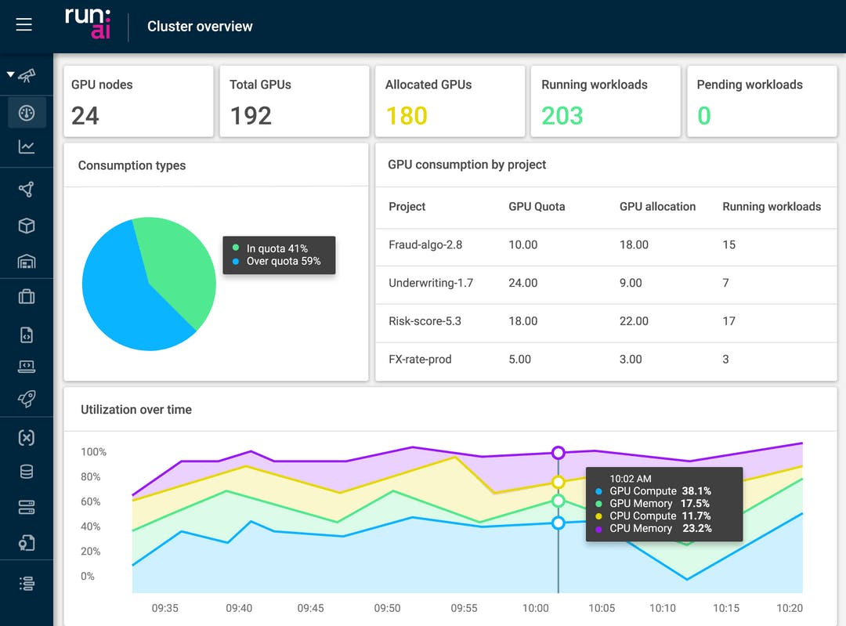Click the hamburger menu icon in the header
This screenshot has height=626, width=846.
(24, 25)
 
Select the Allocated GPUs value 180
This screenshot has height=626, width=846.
(407, 116)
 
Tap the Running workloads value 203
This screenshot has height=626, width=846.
(562, 116)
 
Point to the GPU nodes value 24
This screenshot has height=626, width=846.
(85, 116)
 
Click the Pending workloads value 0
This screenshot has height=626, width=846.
(703, 116)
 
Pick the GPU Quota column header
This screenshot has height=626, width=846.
(537, 207)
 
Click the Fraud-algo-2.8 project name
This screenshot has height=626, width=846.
(425, 244)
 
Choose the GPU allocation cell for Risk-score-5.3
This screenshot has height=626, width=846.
(634, 321)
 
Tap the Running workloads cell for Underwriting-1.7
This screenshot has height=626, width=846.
(725, 283)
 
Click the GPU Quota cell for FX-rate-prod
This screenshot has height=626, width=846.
(519, 360)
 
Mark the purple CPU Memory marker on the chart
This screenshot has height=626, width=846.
(559, 453)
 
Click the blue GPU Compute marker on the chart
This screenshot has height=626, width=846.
(559, 523)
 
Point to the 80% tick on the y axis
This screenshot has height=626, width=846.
(90, 477)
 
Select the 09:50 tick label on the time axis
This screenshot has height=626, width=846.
(387, 608)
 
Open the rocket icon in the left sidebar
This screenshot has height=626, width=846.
(27, 399)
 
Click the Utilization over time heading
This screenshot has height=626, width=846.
(136, 410)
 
